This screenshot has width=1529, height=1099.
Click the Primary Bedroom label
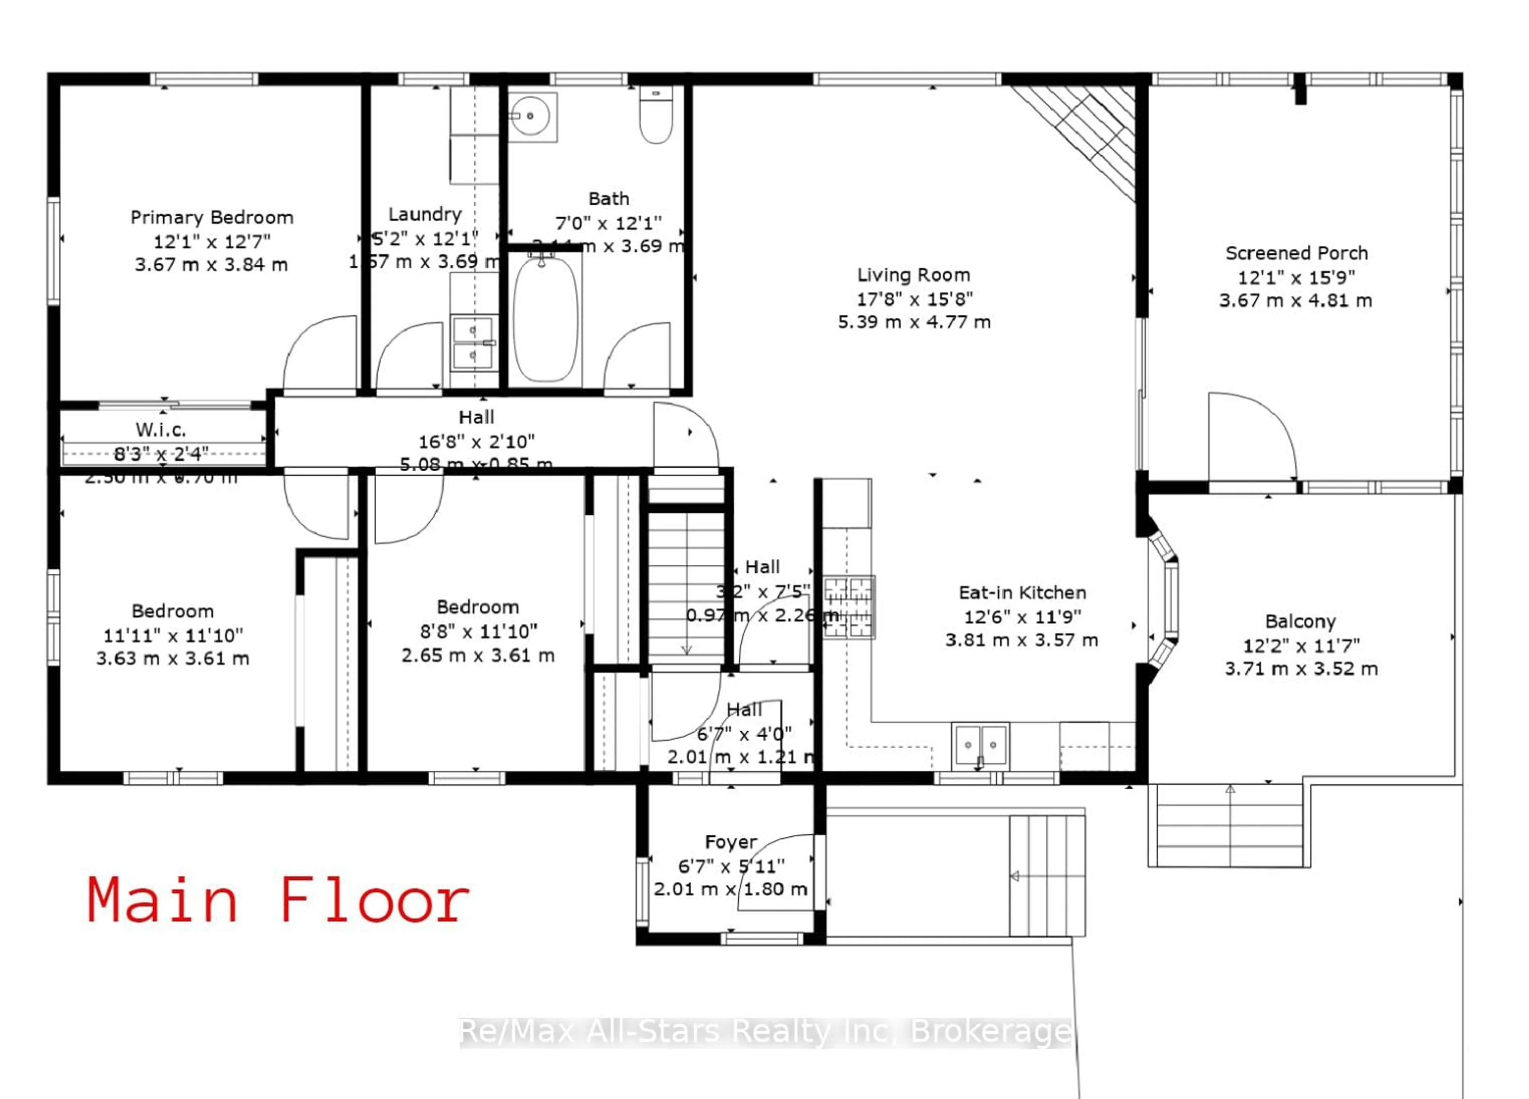click(212, 218)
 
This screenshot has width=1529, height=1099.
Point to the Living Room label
click(913, 275)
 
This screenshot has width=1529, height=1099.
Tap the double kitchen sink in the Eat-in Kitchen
click(980, 745)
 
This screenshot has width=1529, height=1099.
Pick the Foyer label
click(731, 842)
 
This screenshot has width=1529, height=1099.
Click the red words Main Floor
click(278, 901)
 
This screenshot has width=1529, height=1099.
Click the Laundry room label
click(425, 214)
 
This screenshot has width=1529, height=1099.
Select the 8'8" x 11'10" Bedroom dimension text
click(478, 631)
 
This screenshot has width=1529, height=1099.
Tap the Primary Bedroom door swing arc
click(318, 354)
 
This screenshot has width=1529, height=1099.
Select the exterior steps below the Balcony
click(1228, 826)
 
